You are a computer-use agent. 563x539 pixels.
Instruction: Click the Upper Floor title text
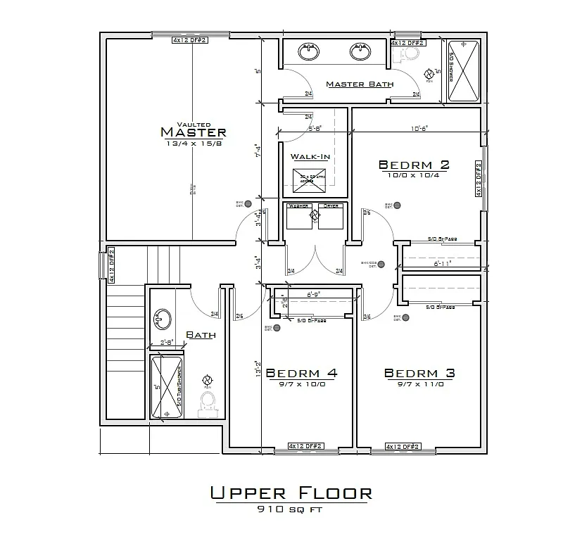click(291, 493)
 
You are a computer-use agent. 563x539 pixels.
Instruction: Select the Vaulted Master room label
click(193, 131)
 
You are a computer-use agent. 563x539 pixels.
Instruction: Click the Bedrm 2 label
click(414, 165)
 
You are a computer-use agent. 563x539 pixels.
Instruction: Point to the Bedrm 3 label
click(419, 373)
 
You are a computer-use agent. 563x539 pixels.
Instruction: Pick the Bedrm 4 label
click(302, 373)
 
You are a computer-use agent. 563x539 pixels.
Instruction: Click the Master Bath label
click(360, 84)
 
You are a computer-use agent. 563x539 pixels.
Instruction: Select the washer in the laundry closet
click(299, 217)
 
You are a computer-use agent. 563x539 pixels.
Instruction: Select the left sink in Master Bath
click(308, 51)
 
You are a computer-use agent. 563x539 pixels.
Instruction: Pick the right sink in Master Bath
click(360, 51)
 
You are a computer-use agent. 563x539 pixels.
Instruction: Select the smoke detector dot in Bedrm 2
click(398, 205)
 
